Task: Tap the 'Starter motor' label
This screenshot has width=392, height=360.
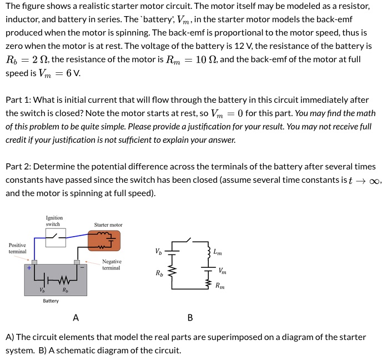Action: (x=108, y=225)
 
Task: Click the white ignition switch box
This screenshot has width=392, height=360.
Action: (x=56, y=237)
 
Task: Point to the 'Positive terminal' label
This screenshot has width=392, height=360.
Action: (x=17, y=248)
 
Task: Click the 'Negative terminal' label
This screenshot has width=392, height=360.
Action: (x=112, y=264)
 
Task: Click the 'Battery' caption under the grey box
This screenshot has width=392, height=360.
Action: (x=51, y=301)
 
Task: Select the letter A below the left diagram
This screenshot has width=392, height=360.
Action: (x=76, y=318)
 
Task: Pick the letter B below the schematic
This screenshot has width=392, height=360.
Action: (x=190, y=318)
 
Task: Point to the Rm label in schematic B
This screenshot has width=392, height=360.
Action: (x=220, y=286)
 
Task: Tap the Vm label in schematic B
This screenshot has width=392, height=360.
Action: (x=222, y=271)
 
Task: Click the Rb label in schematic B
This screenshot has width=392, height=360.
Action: (x=160, y=273)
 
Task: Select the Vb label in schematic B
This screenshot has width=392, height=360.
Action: (x=159, y=252)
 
